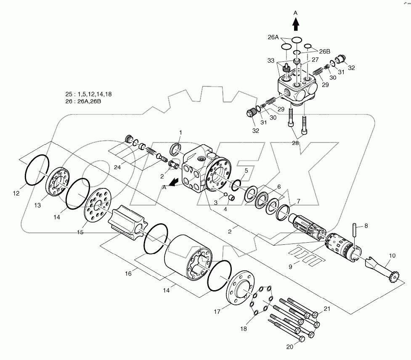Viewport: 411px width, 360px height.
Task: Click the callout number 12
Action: pos(16,194)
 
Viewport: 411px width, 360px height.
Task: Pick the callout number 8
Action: pos(366,226)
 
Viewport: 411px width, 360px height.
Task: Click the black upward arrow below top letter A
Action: pos(296,25)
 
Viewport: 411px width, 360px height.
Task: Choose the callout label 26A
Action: pos(274,37)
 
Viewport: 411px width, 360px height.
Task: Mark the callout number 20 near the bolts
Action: pos(290,347)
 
